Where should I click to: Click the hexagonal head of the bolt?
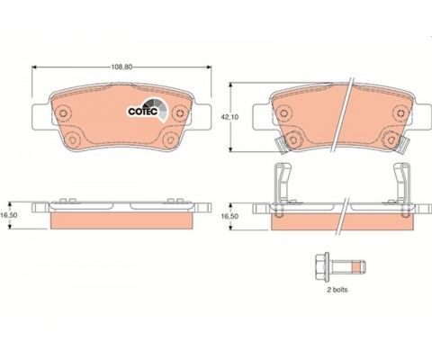pyautogui.click(x=320, y=268)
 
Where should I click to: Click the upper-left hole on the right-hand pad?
pyautogui.click(x=280, y=113)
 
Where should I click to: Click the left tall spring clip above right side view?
pyautogui.click(x=281, y=184)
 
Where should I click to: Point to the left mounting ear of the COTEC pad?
pyautogui.click(x=39, y=115)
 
